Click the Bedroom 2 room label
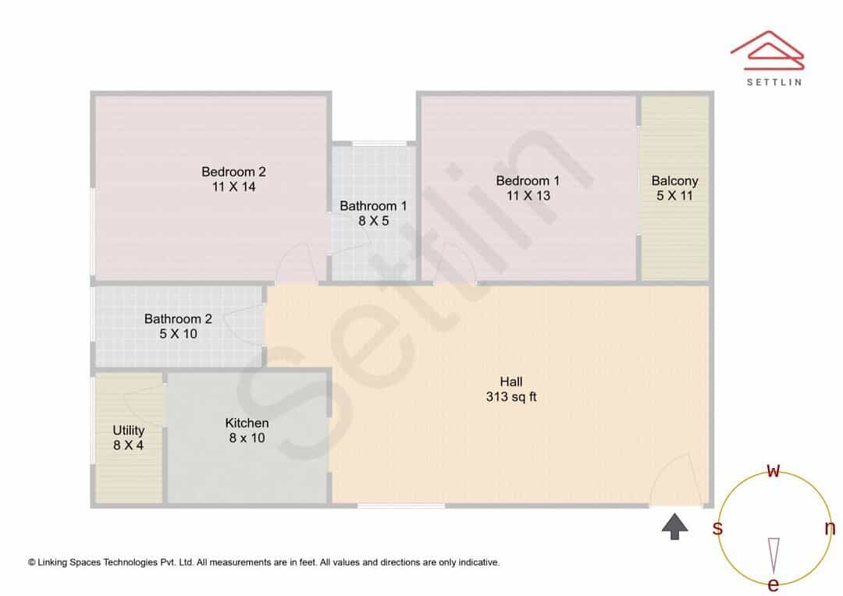tap(233, 172)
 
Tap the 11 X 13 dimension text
tap(528, 196)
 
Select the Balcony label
tap(674, 181)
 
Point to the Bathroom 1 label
tap(373, 206)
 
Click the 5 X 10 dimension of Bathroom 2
tap(178, 334)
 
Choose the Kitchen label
tap(247, 423)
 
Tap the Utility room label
tap(129, 431)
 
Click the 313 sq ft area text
tap(511, 396)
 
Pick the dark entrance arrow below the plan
tap(674, 526)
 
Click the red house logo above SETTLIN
tap(767, 51)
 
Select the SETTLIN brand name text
tap(774, 82)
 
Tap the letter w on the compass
tap(773, 470)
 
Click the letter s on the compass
tap(717, 528)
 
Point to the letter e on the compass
tap(773, 584)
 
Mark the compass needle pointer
tap(774, 555)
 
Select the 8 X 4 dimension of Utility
tap(129, 445)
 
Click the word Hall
tap(511, 381)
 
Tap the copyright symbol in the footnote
tap(32, 562)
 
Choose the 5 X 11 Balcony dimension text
tap(674, 196)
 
